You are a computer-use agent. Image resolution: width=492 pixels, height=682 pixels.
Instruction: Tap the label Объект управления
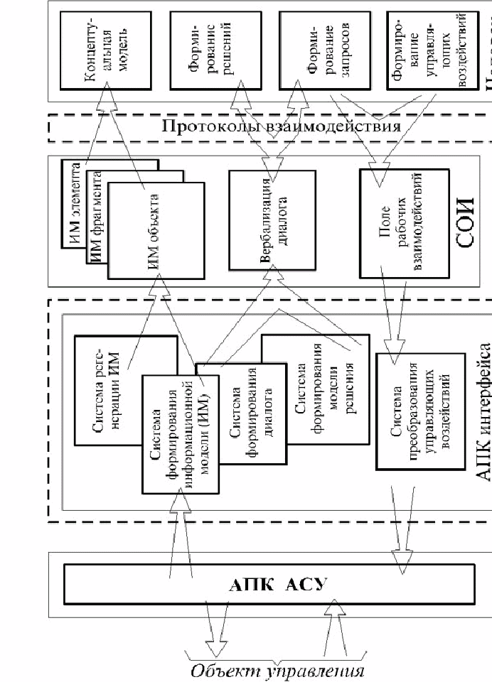click(277, 671)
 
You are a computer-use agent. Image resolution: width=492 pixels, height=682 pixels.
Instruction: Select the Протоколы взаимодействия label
click(277, 127)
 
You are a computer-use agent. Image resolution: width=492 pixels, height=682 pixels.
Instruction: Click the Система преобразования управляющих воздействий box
click(403, 412)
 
